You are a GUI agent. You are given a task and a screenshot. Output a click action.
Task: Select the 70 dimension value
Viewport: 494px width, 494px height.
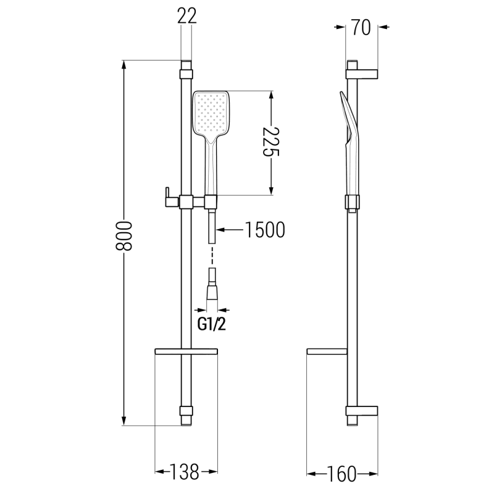pos(362,27)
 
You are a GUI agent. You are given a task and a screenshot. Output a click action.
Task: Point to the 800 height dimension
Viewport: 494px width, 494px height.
pos(125,236)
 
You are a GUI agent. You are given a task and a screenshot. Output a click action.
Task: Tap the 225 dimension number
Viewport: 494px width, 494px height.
pos(270,143)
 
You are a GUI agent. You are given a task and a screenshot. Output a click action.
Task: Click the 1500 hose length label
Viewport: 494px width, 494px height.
pos(264,230)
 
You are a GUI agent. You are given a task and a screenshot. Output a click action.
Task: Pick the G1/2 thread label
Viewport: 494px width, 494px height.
pos(212,324)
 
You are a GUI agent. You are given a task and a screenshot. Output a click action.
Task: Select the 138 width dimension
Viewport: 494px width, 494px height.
pos(186,473)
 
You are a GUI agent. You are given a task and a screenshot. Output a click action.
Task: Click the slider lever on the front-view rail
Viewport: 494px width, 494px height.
pos(166,196)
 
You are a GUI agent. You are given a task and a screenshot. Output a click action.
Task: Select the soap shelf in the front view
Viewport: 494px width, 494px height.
pos(186,352)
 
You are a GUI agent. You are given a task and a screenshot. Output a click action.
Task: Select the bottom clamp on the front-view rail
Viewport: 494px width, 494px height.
pos(186,411)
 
